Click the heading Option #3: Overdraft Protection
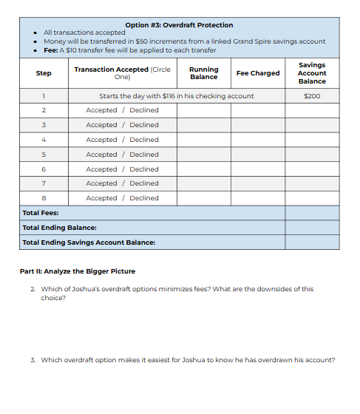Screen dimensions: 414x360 179,25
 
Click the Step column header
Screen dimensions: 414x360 44,73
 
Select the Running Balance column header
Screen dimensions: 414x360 203,73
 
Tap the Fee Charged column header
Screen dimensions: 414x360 257,73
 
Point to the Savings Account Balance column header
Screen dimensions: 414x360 312,73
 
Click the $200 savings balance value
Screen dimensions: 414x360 312,96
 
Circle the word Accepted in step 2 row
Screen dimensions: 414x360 101,110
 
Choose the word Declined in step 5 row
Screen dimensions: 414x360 144,155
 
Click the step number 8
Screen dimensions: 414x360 44,198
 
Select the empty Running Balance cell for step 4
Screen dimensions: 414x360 203,140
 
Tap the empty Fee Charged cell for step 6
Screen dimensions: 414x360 257,169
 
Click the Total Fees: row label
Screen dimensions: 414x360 41,213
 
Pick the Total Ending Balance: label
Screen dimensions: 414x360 59,228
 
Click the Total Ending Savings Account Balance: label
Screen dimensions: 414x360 89,242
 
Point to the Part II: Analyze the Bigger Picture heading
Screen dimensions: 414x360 77,271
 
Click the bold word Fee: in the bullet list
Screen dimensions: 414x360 52,50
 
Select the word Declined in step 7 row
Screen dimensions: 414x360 144,183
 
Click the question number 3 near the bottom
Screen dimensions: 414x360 33,360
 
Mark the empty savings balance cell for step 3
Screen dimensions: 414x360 312,125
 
